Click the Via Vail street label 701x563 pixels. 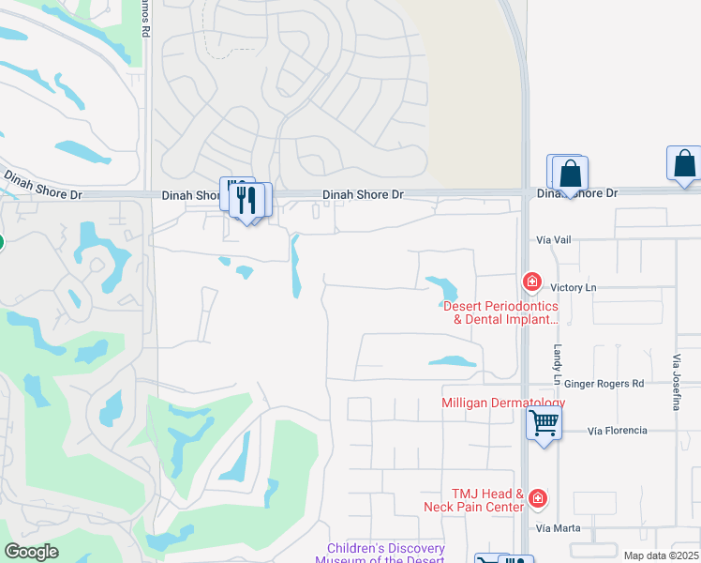(553, 240)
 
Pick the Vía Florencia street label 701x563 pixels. (617, 431)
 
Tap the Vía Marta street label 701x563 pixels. (559, 528)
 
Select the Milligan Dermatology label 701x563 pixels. (503, 403)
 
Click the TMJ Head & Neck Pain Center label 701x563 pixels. (486, 500)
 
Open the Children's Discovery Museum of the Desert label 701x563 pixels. (385, 554)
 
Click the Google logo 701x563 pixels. (31, 552)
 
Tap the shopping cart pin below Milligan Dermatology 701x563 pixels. (544, 424)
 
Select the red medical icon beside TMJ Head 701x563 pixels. (537, 498)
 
